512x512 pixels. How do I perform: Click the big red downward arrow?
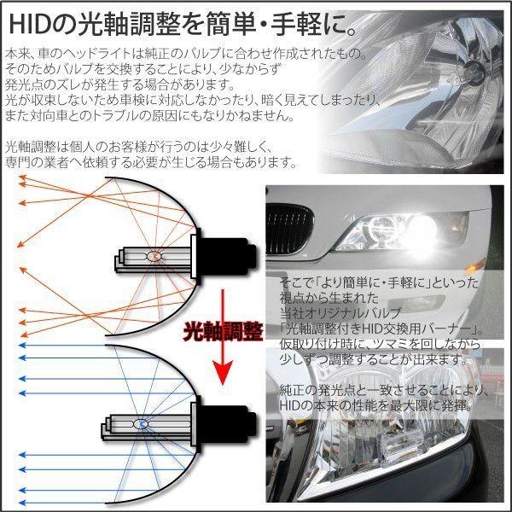pos(224,337)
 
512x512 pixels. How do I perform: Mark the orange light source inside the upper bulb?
pos(154,256)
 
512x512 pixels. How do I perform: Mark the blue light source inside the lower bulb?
pos(143,422)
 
